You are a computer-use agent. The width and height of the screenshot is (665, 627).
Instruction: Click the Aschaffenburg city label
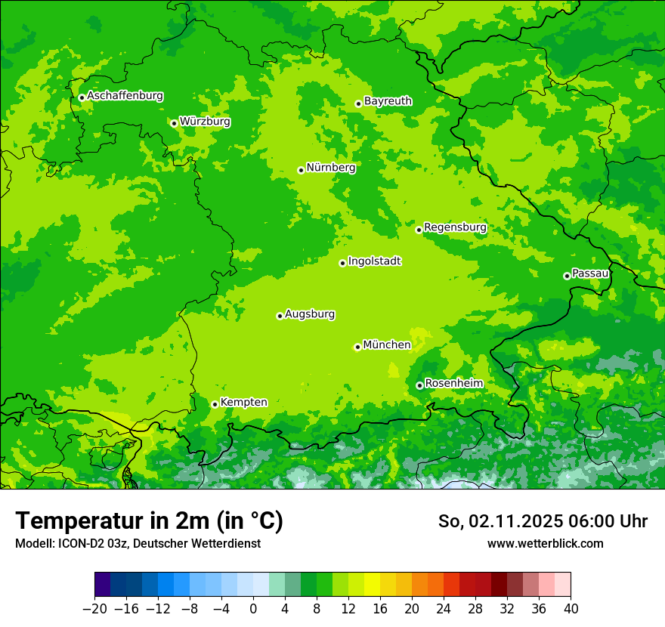(x=125, y=96)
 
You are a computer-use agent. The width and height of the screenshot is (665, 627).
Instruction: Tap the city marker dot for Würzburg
(x=174, y=123)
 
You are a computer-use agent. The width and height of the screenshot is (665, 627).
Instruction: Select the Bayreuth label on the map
(x=388, y=101)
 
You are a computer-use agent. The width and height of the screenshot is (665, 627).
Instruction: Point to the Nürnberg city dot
(x=301, y=170)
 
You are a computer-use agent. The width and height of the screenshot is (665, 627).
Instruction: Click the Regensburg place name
(x=455, y=227)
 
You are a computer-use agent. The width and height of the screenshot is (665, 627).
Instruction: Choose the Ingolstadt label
(x=374, y=261)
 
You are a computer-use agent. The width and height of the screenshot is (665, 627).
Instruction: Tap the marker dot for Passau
(x=567, y=276)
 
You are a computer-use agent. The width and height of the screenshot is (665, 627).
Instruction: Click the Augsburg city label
(x=310, y=314)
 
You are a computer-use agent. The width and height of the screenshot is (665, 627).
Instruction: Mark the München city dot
(x=357, y=347)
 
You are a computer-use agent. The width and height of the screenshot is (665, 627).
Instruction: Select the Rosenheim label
(x=453, y=384)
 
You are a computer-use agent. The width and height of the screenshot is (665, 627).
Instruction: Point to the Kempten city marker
(x=215, y=404)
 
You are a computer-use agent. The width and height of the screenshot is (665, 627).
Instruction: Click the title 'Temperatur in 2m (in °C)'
(x=149, y=520)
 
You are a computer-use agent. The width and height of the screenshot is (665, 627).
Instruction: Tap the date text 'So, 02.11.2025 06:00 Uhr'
(x=543, y=521)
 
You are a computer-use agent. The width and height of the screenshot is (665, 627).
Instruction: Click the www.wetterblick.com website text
(x=545, y=543)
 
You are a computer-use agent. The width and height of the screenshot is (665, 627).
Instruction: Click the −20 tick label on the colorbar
(x=94, y=609)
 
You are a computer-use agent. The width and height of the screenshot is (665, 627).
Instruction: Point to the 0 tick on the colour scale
(x=253, y=609)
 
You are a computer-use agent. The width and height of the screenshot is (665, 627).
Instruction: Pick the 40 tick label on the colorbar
(x=571, y=609)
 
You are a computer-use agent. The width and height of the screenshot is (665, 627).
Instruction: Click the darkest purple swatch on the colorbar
(x=103, y=585)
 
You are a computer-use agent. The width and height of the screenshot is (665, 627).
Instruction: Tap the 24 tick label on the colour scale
(x=444, y=609)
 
